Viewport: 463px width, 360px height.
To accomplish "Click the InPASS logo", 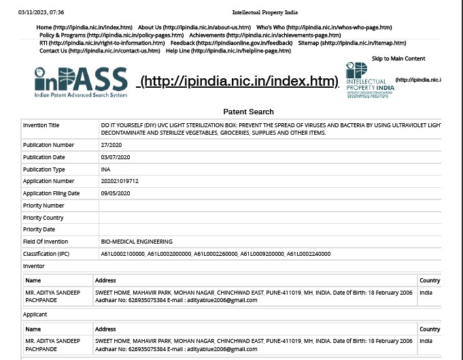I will pos(81,82).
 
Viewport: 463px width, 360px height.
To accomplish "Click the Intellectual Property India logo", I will pos(369,81).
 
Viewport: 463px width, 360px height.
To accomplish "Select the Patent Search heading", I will pos(248,112).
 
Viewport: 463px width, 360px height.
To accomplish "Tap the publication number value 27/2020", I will pos(112,145).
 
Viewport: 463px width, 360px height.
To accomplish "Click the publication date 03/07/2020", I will pos(115,157).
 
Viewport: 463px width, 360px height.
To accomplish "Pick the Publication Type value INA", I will pos(105,169).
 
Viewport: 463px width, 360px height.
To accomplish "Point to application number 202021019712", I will pos(120,182).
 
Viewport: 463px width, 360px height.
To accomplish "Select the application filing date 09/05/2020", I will pos(115,193).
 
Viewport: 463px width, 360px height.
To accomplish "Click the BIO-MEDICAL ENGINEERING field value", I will pos(136,242).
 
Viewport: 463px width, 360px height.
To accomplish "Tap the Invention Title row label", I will pos(41,126).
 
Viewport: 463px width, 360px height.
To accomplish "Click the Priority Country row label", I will pos(43,218).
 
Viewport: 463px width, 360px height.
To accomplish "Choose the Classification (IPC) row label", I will pos(46,254).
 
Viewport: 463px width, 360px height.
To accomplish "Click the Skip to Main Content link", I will pos(398,59).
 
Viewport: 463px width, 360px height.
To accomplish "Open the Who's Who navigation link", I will pos(324,27).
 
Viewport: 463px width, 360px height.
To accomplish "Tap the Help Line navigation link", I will pos(228,51).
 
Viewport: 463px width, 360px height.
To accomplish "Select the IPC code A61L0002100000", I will pos(122,254).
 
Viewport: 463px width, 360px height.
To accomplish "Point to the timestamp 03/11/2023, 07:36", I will pos(41,12).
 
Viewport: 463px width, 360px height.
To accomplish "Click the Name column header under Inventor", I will pos(33,280).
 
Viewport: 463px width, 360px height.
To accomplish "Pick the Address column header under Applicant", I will pos(105,329).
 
